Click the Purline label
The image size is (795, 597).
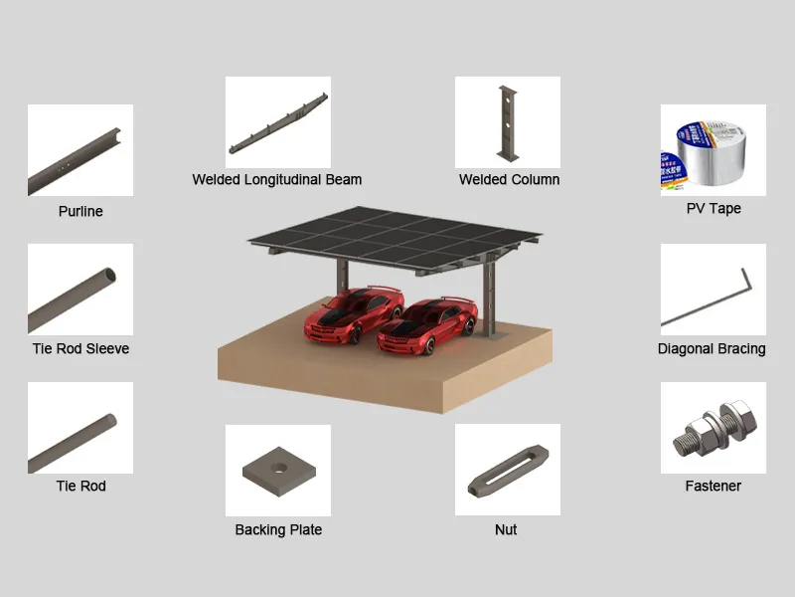[x=80, y=211]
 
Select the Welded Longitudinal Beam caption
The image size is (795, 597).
[x=277, y=180]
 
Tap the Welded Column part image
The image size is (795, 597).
[x=508, y=122]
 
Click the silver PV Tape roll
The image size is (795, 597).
[x=712, y=152]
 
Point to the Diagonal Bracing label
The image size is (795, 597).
[x=712, y=349]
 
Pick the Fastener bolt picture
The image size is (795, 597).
[x=715, y=429]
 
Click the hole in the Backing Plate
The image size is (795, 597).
[x=278, y=467]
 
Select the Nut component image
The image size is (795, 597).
[x=508, y=470]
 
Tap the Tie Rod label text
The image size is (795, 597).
[x=81, y=486]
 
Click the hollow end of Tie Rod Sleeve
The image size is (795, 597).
[x=108, y=276]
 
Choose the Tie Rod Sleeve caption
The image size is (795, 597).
[x=81, y=349]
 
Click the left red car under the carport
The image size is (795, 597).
[x=354, y=315]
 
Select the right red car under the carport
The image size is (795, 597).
[x=427, y=325]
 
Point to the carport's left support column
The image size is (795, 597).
[x=343, y=276]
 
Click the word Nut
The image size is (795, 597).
[x=506, y=529]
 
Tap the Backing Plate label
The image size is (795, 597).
[x=278, y=529]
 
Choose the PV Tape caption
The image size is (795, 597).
[x=714, y=209]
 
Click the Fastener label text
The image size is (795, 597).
[x=713, y=486]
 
